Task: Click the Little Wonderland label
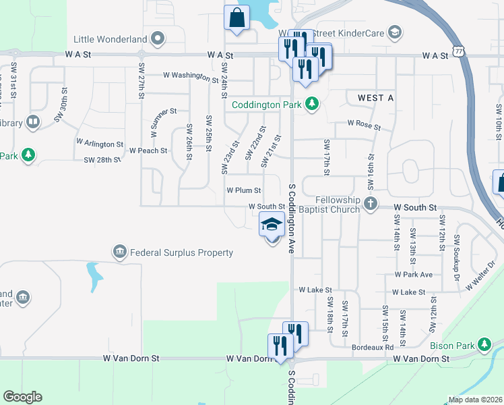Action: [111, 38]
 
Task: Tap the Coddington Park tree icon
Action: [311, 104]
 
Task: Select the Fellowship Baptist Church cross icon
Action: [370, 203]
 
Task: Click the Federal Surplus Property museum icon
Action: [119, 252]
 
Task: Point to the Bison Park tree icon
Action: [484, 345]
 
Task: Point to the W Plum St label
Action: [243, 191]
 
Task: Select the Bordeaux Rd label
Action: [373, 348]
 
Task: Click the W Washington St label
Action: [191, 76]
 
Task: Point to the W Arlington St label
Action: [100, 143]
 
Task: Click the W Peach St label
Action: [148, 151]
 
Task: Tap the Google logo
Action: [22, 397]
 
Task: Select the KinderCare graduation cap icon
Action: [394, 31]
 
